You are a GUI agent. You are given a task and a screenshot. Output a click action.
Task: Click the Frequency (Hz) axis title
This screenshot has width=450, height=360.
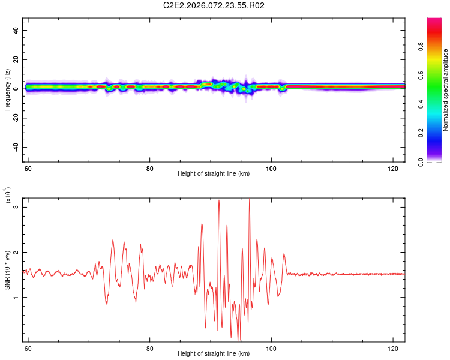point(7,89)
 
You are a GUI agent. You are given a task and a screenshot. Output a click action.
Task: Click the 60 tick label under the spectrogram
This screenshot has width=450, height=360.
point(28,169)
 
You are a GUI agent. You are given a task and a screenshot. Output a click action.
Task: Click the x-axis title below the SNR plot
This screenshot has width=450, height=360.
point(214,354)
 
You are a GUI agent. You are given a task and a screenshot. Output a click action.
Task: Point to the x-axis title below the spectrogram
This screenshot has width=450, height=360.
point(214,174)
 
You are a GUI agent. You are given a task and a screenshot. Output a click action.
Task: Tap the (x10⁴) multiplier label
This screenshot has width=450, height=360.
point(7,196)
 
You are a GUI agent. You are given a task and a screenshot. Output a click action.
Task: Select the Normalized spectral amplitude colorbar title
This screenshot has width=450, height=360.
point(445,90)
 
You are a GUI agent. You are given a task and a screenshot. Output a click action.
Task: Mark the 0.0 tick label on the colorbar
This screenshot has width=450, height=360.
point(437,161)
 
